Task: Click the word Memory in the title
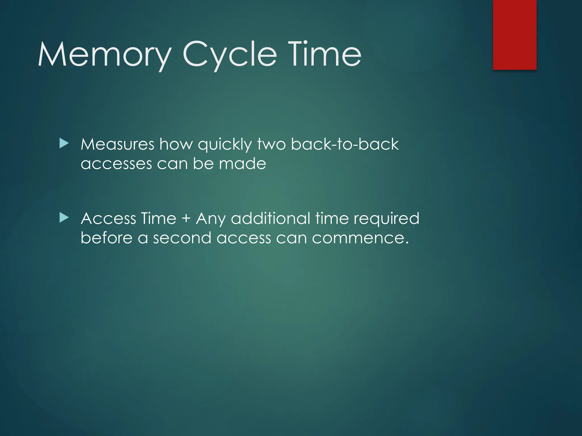(x=104, y=54)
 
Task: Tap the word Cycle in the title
(x=230, y=54)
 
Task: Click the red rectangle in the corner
(x=515, y=35)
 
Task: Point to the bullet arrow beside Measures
(x=64, y=144)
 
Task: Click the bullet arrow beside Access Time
(x=64, y=218)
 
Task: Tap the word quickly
(x=225, y=145)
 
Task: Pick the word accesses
(x=116, y=164)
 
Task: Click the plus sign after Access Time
(x=186, y=219)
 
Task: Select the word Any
(x=211, y=219)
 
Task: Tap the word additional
(x=270, y=219)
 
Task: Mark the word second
(x=182, y=238)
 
